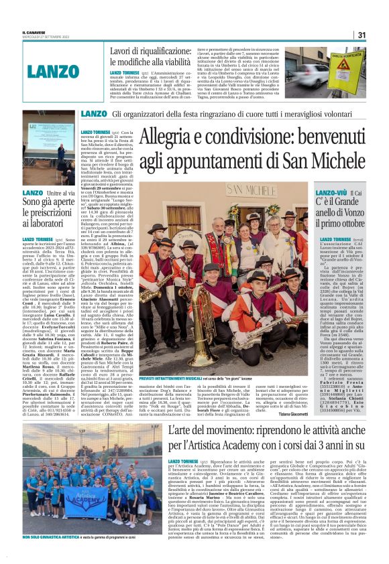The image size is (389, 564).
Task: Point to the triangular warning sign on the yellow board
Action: tap(353, 66)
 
